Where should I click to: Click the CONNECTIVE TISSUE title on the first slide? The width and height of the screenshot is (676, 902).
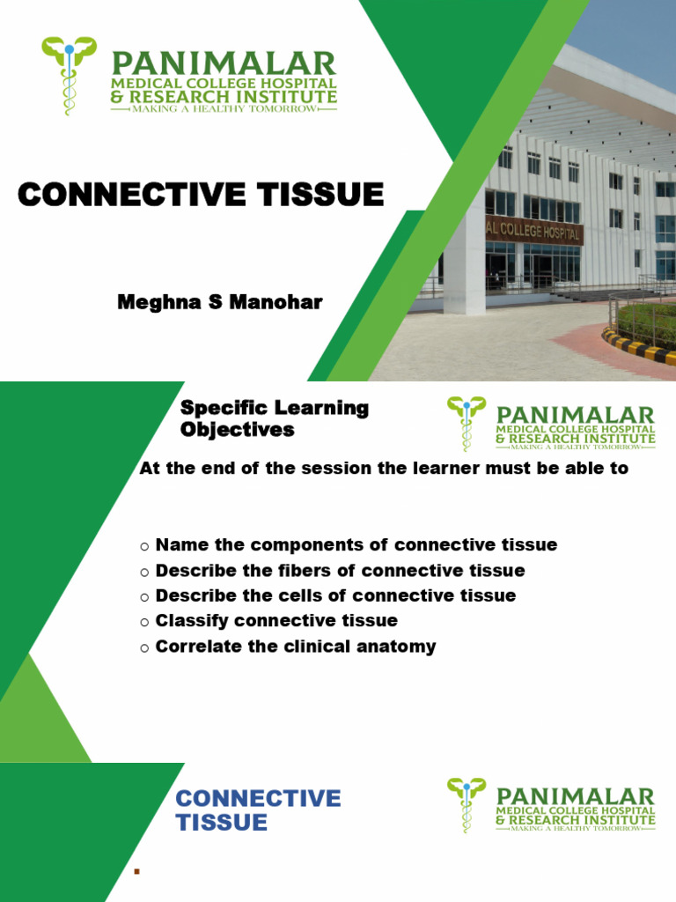coord(201,195)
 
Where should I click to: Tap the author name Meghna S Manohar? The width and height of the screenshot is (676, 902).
coord(220,303)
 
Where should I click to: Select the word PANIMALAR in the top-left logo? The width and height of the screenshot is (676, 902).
coord(223,63)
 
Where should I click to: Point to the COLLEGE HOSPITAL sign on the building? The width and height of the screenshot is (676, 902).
coord(533,231)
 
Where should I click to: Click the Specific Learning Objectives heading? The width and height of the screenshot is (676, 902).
coord(274,419)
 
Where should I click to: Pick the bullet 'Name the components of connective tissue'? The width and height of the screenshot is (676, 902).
coord(356,545)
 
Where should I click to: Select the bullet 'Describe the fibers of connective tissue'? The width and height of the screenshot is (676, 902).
coord(340,571)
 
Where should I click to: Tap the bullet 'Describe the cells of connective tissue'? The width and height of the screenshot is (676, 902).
coord(335,596)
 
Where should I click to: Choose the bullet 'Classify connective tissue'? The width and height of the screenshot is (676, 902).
coord(276,621)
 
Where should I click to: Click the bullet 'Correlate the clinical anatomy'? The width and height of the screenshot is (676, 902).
coord(296,647)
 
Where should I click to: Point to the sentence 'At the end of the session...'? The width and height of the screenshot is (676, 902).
coord(384,469)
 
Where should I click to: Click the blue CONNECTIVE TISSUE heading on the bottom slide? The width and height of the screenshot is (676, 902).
coord(258,810)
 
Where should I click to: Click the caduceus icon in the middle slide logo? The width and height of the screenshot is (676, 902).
coord(466,423)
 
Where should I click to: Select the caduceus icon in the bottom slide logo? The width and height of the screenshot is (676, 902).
coord(466,804)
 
